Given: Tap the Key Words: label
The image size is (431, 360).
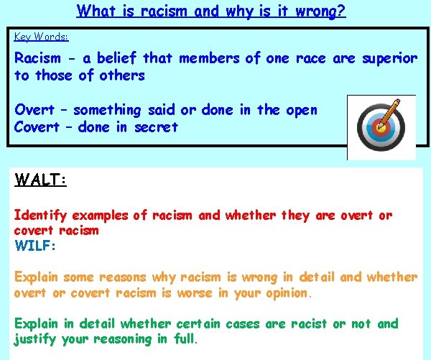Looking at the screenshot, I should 42,36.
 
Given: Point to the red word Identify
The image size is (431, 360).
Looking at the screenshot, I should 40,216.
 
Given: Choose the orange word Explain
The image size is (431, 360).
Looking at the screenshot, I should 37,277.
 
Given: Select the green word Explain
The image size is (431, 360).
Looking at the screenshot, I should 37,324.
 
